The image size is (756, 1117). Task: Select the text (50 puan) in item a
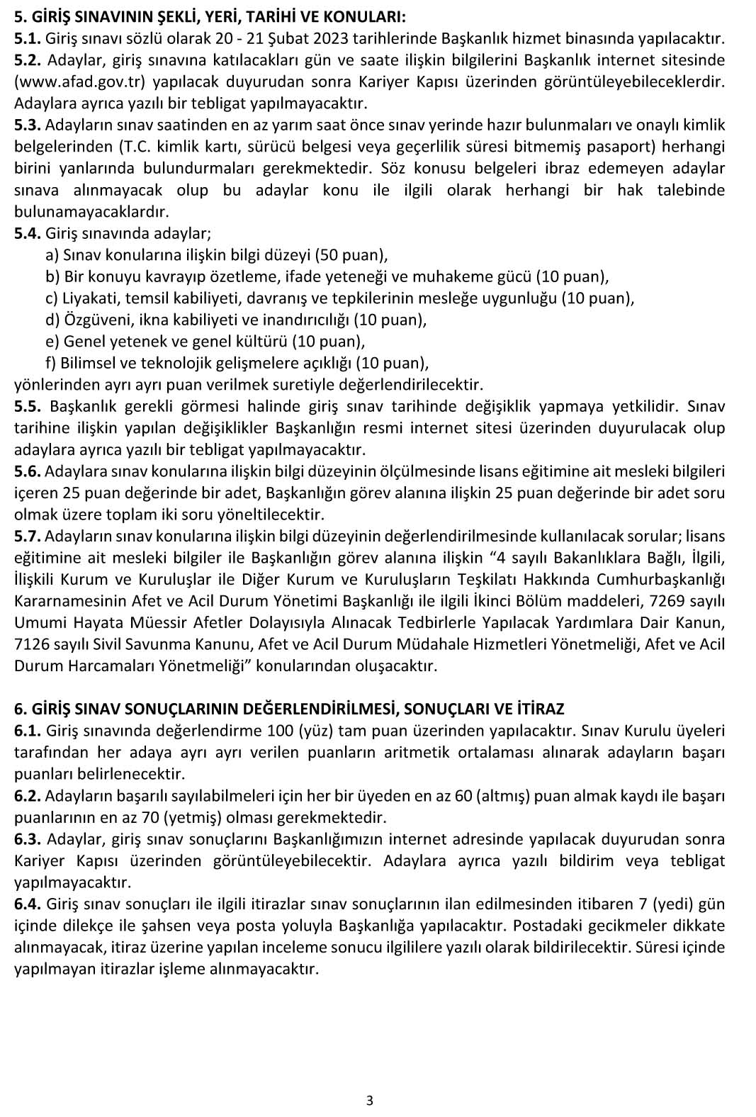(351, 255)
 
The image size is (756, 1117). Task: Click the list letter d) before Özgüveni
(52, 320)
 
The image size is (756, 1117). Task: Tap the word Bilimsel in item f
(89, 364)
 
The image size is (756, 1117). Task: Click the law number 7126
(31, 644)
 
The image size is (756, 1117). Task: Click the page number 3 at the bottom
(369, 1101)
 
